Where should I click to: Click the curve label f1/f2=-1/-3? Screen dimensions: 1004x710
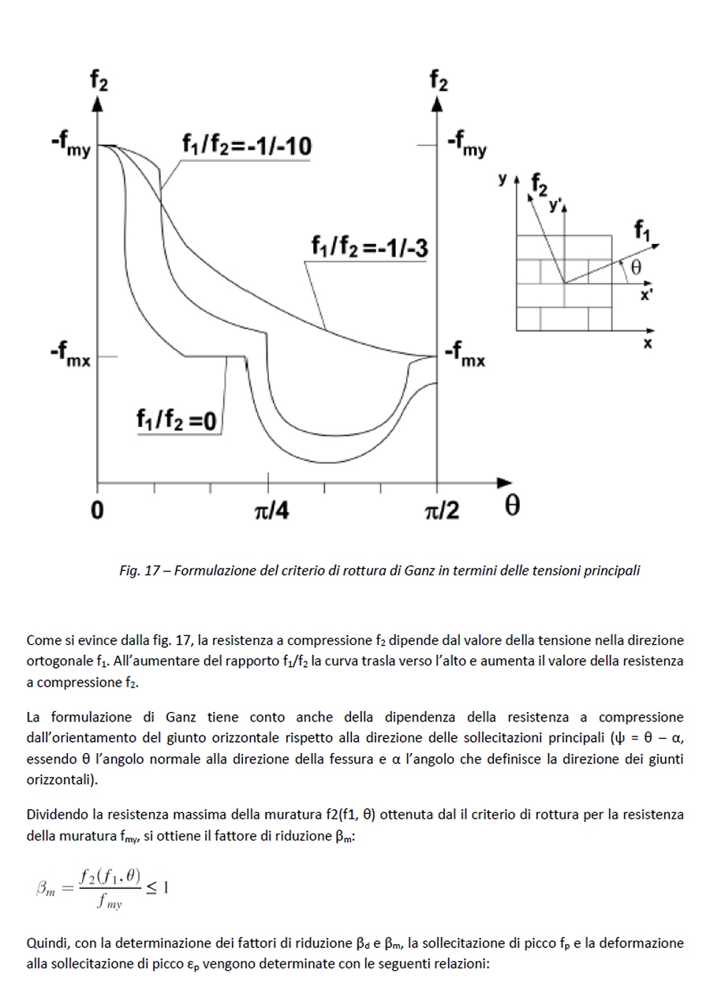(369, 248)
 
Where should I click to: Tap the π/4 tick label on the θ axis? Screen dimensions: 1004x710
(271, 511)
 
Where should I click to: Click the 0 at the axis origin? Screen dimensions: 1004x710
(96, 511)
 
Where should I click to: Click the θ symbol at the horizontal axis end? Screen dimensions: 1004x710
(512, 507)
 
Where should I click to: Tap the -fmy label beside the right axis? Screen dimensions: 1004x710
(466, 145)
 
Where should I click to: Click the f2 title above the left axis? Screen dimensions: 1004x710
(99, 81)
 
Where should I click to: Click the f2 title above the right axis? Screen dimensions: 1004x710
(439, 81)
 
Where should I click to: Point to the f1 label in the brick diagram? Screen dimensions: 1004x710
(643, 230)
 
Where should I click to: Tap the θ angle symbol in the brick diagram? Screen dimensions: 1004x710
(636, 268)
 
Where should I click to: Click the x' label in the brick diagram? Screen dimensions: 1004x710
(645, 295)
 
